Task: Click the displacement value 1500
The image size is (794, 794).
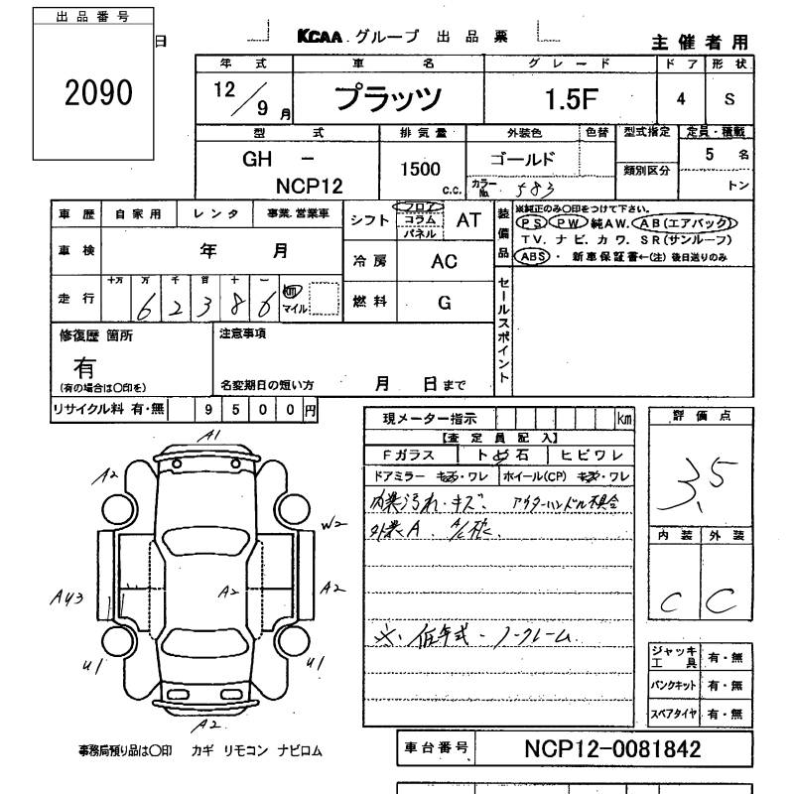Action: click(422, 170)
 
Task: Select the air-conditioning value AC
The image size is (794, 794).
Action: click(444, 261)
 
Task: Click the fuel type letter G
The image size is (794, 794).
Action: click(444, 302)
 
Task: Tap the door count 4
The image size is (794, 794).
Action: click(681, 99)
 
